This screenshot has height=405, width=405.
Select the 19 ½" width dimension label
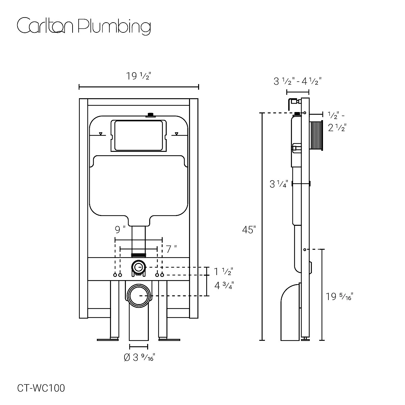pyautogui.click(x=138, y=77)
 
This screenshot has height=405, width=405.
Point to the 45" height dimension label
pyautogui.click(x=249, y=230)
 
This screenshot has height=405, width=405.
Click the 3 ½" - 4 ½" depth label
pyautogui.click(x=297, y=81)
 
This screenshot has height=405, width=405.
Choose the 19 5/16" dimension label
pyautogui.click(x=340, y=297)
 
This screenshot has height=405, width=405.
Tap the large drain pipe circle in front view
pyautogui.click(x=139, y=295)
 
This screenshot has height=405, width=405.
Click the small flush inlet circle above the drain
pyautogui.click(x=138, y=268)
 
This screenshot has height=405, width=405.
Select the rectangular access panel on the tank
pyautogui.click(x=139, y=135)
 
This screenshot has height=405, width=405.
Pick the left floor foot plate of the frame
pyautogui.click(x=108, y=339)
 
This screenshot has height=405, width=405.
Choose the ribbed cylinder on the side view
pyautogui.click(x=317, y=135)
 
